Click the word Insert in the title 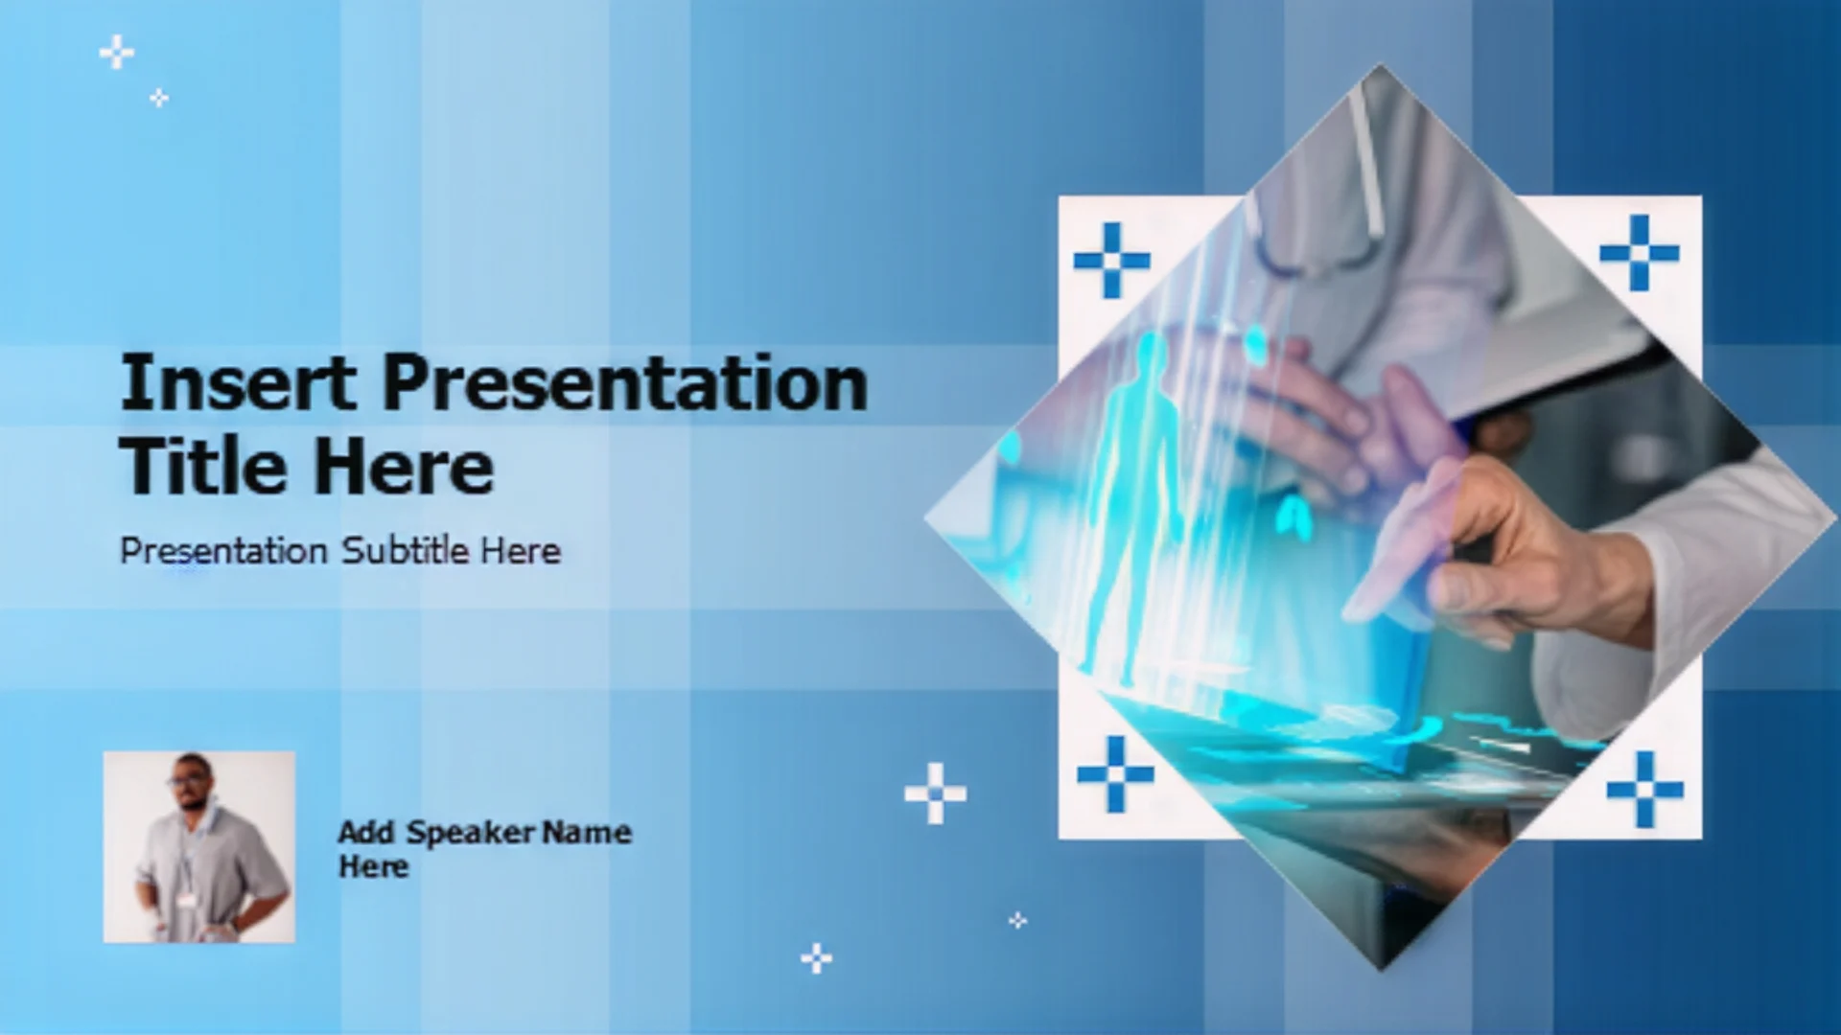coord(238,382)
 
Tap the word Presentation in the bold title coord(625,382)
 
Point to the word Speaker coord(471,832)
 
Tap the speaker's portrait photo coord(199,847)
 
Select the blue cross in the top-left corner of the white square coord(1112,260)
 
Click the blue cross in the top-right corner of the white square coord(1640,253)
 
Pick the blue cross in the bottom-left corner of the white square coord(1115,774)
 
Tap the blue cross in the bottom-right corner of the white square coord(1645,790)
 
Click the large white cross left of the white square coord(936,793)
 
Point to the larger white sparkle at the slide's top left coord(117,53)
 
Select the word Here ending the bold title coord(404,467)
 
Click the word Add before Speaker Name coord(366,832)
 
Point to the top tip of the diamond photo coord(1381,64)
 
